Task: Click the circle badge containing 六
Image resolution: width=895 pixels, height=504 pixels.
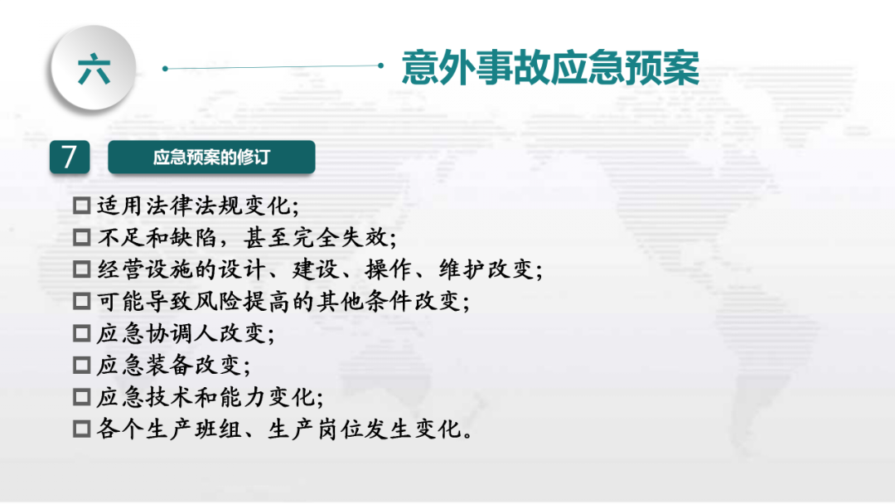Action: pyautogui.click(x=94, y=67)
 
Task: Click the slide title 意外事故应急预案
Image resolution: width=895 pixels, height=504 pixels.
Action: pyautogui.click(x=550, y=68)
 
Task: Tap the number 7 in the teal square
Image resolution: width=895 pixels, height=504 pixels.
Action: pyautogui.click(x=70, y=157)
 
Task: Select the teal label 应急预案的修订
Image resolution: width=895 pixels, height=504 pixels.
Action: pyautogui.click(x=211, y=157)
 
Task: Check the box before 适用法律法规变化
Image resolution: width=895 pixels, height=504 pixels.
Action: pyautogui.click(x=81, y=206)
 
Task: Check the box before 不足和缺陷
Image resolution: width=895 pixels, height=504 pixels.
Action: pyautogui.click(x=81, y=237)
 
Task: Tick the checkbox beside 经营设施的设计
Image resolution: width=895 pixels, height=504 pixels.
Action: pyautogui.click(x=81, y=269)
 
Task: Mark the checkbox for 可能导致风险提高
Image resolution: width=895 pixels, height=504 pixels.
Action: pyautogui.click(x=81, y=302)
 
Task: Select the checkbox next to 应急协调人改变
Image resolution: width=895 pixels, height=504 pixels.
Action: pyautogui.click(x=81, y=333)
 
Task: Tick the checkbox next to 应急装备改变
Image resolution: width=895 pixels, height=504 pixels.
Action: pyautogui.click(x=81, y=366)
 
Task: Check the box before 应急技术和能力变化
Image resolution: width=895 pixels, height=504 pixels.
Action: pyautogui.click(x=81, y=397)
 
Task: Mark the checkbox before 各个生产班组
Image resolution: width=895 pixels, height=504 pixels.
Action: pyautogui.click(x=81, y=429)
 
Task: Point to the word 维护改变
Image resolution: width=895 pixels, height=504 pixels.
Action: pyautogui.click(x=486, y=269)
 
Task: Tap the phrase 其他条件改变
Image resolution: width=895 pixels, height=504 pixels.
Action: pyautogui.click(x=389, y=302)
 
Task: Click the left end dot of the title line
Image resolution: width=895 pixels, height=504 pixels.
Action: pyautogui.click(x=165, y=69)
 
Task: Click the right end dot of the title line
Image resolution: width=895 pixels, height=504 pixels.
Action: pyautogui.click(x=380, y=65)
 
